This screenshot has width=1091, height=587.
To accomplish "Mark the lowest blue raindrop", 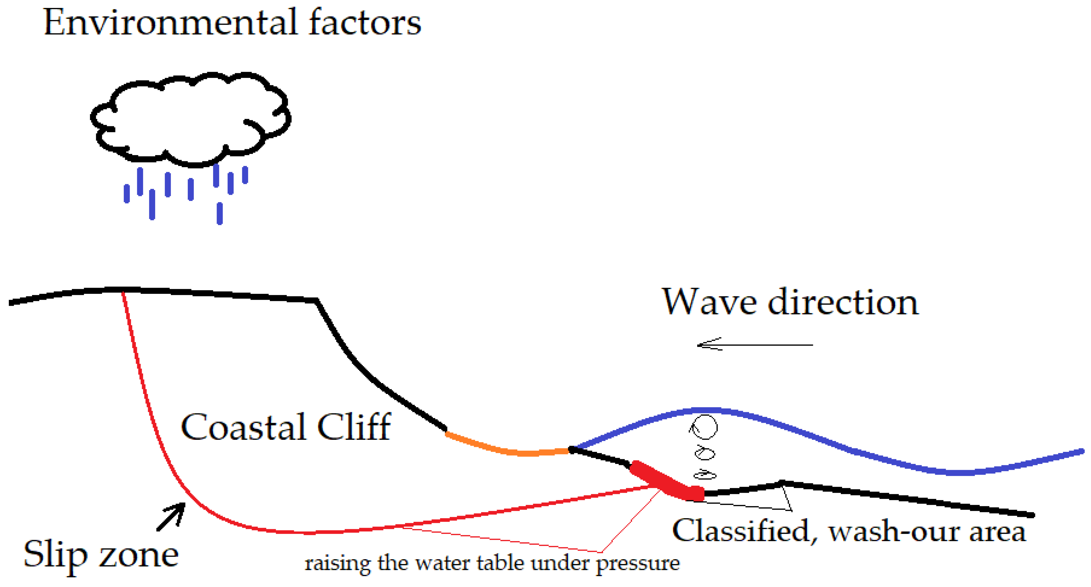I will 219,213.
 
